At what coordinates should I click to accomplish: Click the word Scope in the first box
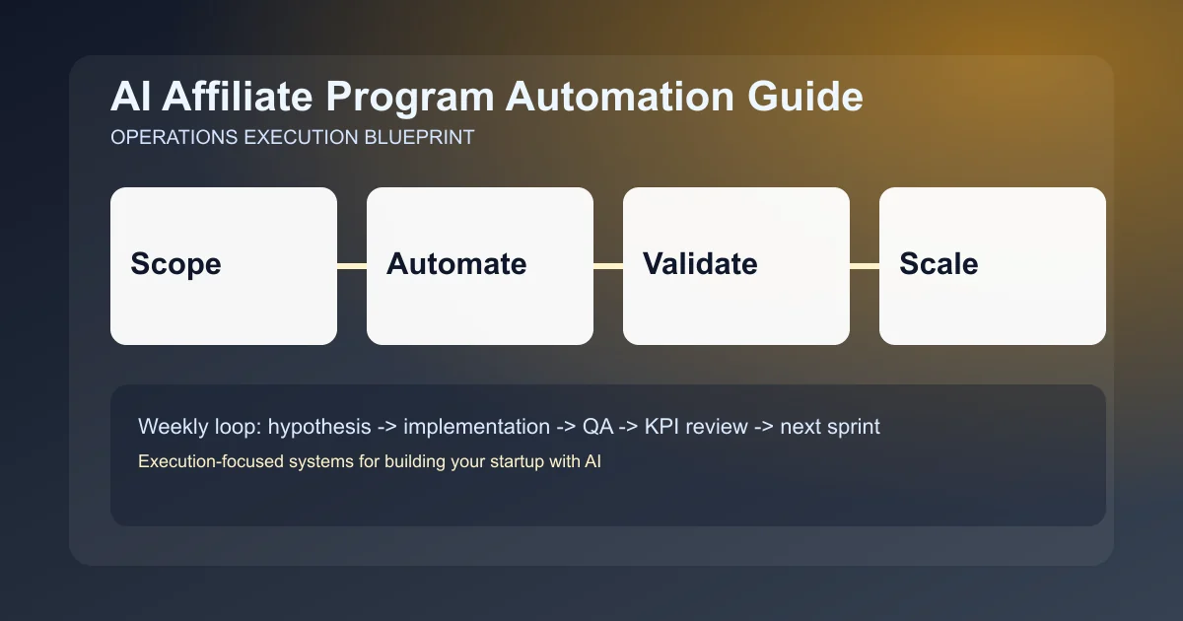pos(175,264)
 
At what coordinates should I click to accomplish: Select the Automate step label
pos(456,264)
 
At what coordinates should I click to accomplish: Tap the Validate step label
pos(700,264)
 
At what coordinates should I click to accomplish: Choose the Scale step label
pos(939,264)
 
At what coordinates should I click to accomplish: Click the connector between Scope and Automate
pos(352,266)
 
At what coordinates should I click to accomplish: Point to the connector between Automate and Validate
pos(608,266)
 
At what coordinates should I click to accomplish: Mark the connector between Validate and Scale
pos(865,266)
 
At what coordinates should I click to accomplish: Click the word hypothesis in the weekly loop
pos(320,427)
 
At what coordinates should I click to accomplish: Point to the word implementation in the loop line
pos(476,427)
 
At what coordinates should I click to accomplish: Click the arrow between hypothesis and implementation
pos(387,427)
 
